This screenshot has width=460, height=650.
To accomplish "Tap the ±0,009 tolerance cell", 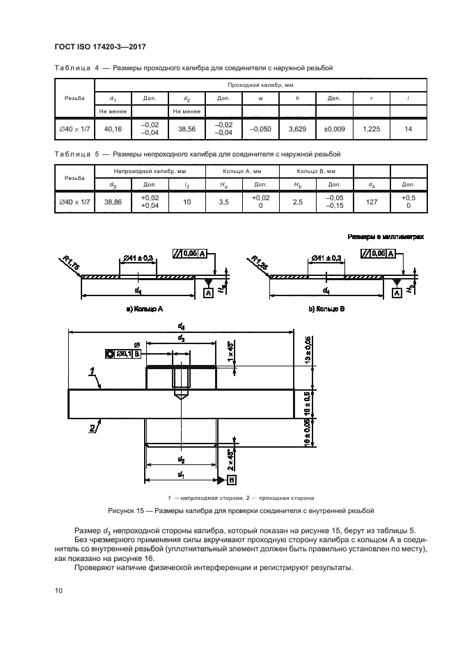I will point(334,129).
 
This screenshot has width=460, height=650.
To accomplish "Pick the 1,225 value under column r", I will point(372,129).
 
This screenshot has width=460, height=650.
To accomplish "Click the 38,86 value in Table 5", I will point(112,202).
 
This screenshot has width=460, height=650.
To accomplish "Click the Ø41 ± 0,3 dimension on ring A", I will point(139,259).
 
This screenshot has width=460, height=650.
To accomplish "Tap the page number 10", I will point(58,590).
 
